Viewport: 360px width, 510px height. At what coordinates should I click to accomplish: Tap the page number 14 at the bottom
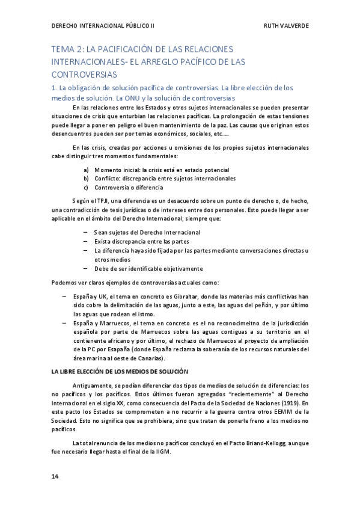[55, 476]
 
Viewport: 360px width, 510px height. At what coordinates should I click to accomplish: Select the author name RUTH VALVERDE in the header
[287, 26]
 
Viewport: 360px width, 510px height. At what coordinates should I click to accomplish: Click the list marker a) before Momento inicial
[87, 170]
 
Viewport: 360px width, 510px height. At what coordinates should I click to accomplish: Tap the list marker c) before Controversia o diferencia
[87, 187]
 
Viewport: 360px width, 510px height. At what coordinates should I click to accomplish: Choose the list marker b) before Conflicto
[87, 179]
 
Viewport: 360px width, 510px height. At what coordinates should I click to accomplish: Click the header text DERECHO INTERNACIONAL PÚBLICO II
[103, 26]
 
